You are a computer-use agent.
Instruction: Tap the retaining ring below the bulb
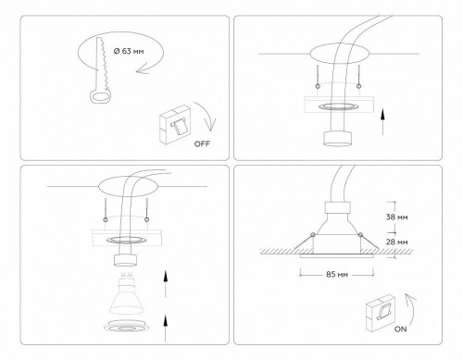click(124, 327)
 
